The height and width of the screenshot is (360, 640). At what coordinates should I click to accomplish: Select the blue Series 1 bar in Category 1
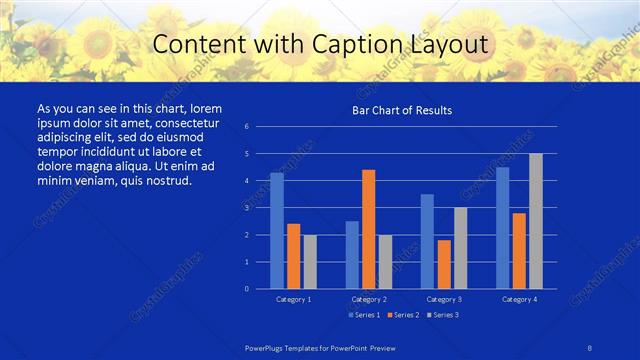coord(277,231)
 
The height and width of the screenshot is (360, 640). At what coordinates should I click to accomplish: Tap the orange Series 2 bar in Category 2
coord(368,229)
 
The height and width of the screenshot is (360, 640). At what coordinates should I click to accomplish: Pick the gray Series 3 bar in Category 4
coord(536,221)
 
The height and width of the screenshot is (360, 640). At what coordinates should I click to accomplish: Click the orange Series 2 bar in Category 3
coord(444,264)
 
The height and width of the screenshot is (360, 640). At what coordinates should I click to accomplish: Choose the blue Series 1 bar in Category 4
coord(502,228)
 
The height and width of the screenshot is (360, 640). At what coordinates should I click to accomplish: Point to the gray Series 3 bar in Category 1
coord(310,262)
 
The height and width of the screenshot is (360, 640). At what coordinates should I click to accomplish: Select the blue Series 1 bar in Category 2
coord(352,255)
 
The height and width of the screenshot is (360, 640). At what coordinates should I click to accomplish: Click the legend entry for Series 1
coord(364,315)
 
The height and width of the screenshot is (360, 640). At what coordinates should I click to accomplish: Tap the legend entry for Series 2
coord(401,315)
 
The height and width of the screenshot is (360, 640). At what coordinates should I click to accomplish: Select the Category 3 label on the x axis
coord(444,299)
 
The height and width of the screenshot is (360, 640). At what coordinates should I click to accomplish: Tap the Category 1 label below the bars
coord(293,299)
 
